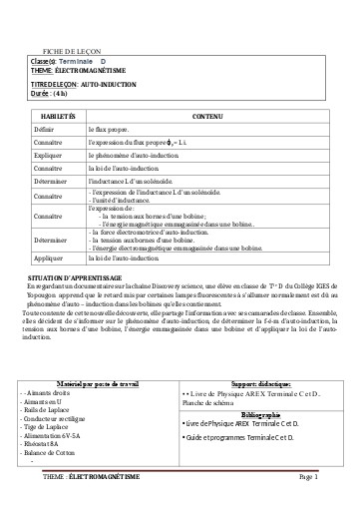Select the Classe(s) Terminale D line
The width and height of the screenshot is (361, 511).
click(x=70, y=61)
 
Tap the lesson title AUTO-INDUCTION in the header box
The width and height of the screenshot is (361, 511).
click(x=110, y=84)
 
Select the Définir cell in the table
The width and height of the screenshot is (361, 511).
click(x=45, y=131)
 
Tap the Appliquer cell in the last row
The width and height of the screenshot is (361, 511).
click(x=47, y=256)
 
